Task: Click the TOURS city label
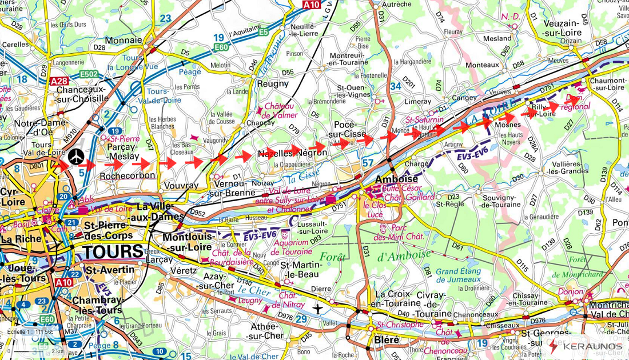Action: tap(113, 251)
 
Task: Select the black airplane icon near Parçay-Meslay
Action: tap(75, 155)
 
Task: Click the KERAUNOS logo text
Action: tap(592, 346)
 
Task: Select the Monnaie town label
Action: tap(124, 40)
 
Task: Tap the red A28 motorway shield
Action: tap(59, 81)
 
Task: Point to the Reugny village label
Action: tap(273, 83)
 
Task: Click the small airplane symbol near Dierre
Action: tap(318, 309)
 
